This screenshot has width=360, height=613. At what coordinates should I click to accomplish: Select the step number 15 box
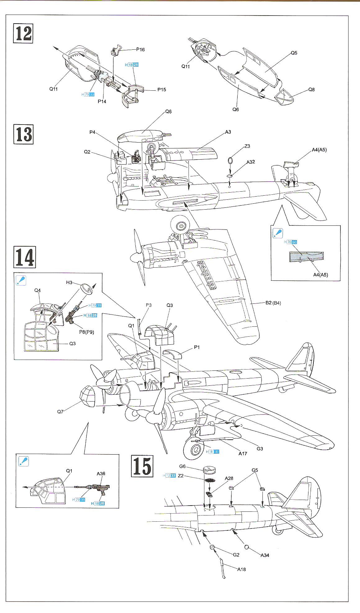point(142,466)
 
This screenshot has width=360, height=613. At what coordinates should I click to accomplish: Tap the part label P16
point(140,49)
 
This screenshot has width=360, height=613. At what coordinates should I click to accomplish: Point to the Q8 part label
point(311,89)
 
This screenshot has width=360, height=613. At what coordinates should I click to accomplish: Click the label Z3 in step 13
point(247,146)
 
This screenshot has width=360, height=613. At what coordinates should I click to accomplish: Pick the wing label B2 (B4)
point(273,303)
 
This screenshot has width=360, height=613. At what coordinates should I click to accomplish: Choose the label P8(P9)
point(86,332)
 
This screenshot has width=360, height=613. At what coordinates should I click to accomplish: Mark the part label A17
point(243,453)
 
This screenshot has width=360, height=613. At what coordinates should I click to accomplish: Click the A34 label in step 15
point(265,555)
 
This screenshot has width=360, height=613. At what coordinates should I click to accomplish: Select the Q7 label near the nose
point(60,412)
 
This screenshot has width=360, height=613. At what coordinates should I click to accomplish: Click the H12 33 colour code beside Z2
point(169,475)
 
